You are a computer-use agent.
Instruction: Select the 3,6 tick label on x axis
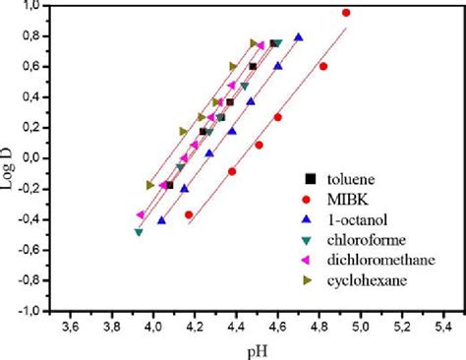[71, 326]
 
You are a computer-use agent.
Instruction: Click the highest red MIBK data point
[345, 13]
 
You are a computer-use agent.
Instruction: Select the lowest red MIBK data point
[189, 214]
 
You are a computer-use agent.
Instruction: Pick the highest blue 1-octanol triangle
[299, 38]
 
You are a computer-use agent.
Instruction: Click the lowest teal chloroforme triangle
[139, 232]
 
